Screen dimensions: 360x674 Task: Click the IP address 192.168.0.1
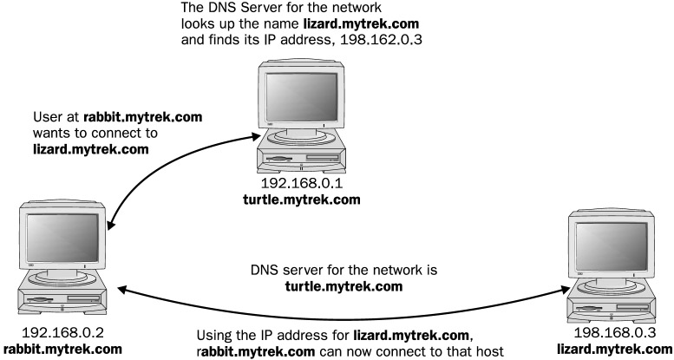pyautogui.click(x=298, y=186)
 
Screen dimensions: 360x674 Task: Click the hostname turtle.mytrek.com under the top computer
pyautogui.click(x=298, y=201)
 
